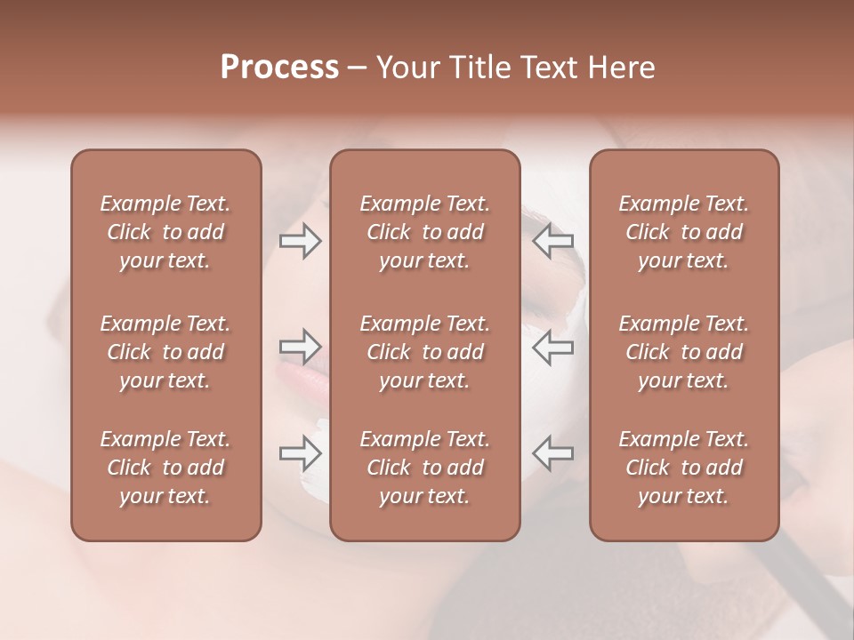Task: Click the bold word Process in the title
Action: pyautogui.click(x=279, y=68)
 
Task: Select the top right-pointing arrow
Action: pyautogui.click(x=300, y=241)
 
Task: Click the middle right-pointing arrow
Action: pyautogui.click(x=300, y=347)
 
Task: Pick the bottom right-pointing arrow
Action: pyautogui.click(x=300, y=453)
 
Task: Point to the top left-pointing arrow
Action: pyautogui.click(x=552, y=241)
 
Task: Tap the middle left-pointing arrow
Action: pyautogui.click(x=552, y=347)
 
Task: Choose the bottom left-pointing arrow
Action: pyautogui.click(x=552, y=453)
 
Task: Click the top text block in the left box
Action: pyautogui.click(x=165, y=232)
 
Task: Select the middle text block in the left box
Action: pyautogui.click(x=165, y=352)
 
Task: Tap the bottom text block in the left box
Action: pyautogui.click(x=165, y=468)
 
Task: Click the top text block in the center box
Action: pyautogui.click(x=424, y=232)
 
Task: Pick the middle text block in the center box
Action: pyautogui.click(x=424, y=352)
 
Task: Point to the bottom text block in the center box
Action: pyautogui.click(x=424, y=468)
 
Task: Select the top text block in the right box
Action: pyautogui.click(x=683, y=232)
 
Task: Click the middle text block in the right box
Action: pyautogui.click(x=683, y=352)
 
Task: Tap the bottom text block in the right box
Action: pyautogui.click(x=683, y=468)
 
